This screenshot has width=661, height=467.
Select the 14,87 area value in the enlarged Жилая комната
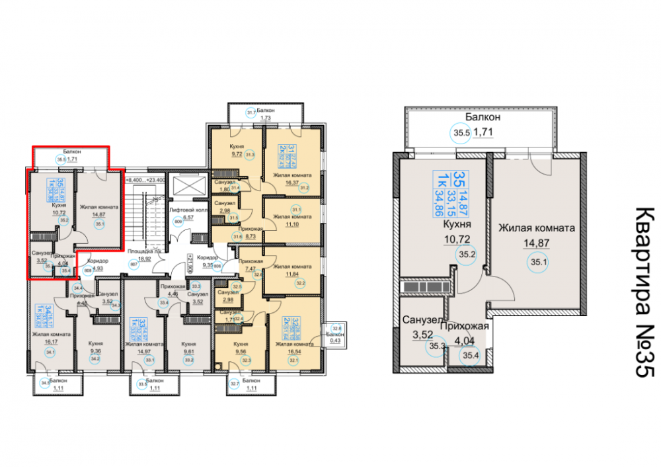click(x=536, y=243)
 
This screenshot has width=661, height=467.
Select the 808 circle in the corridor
click(x=88, y=270)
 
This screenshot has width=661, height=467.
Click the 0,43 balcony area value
click(x=337, y=341)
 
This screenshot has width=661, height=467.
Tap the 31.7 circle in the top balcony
click(x=251, y=112)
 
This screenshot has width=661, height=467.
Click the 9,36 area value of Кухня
click(x=96, y=351)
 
